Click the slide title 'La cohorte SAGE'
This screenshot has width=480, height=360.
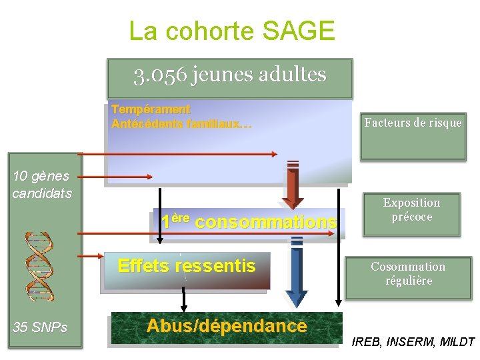pyautogui.click(x=231, y=31)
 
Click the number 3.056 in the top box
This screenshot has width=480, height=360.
pyautogui.click(x=160, y=75)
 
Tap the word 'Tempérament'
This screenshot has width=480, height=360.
pyautogui.click(x=151, y=109)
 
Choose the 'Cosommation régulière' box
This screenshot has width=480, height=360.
pyautogui.click(x=408, y=274)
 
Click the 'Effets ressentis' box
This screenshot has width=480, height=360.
pyautogui.click(x=187, y=267)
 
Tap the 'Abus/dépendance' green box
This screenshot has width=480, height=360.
pyautogui.click(x=226, y=327)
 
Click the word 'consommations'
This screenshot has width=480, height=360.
pyautogui.click(x=266, y=222)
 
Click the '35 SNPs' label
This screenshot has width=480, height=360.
pyautogui.click(x=40, y=327)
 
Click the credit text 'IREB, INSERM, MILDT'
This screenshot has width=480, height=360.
pyautogui.click(x=413, y=343)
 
